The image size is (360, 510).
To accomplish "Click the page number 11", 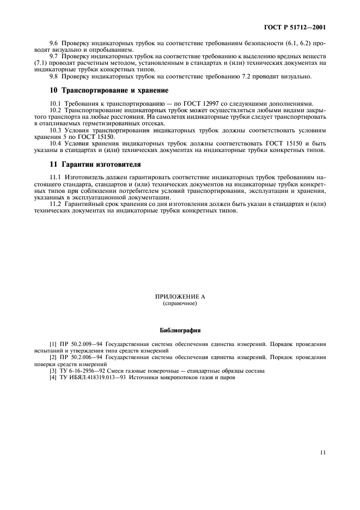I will pos(323,452).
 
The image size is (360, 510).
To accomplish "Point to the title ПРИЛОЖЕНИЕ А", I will pos(180,297).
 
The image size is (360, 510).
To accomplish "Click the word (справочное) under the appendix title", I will pos(180,303).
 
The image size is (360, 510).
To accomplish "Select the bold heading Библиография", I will pos(180,331).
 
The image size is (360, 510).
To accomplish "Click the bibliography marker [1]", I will pos(53,344).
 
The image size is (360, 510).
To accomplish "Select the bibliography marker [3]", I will pos(53,371).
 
